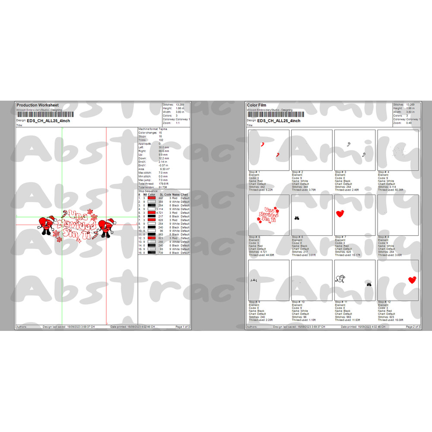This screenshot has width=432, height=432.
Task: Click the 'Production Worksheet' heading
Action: click(x=37, y=105)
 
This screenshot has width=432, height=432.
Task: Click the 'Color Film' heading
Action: click(x=257, y=105)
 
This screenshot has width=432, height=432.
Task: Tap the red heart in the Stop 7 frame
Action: click(x=340, y=213)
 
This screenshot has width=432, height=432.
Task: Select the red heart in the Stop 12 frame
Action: click(x=413, y=280)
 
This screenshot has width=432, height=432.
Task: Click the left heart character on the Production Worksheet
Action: click(x=45, y=225)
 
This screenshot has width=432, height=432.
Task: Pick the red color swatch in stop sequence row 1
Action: click(x=152, y=198)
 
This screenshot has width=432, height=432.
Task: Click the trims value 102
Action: click(x=161, y=140)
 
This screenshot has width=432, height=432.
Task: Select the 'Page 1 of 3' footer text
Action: click(x=182, y=327)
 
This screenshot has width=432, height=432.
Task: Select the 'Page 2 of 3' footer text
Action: click(x=413, y=327)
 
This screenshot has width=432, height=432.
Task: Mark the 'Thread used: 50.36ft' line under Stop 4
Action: click(x=391, y=190)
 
